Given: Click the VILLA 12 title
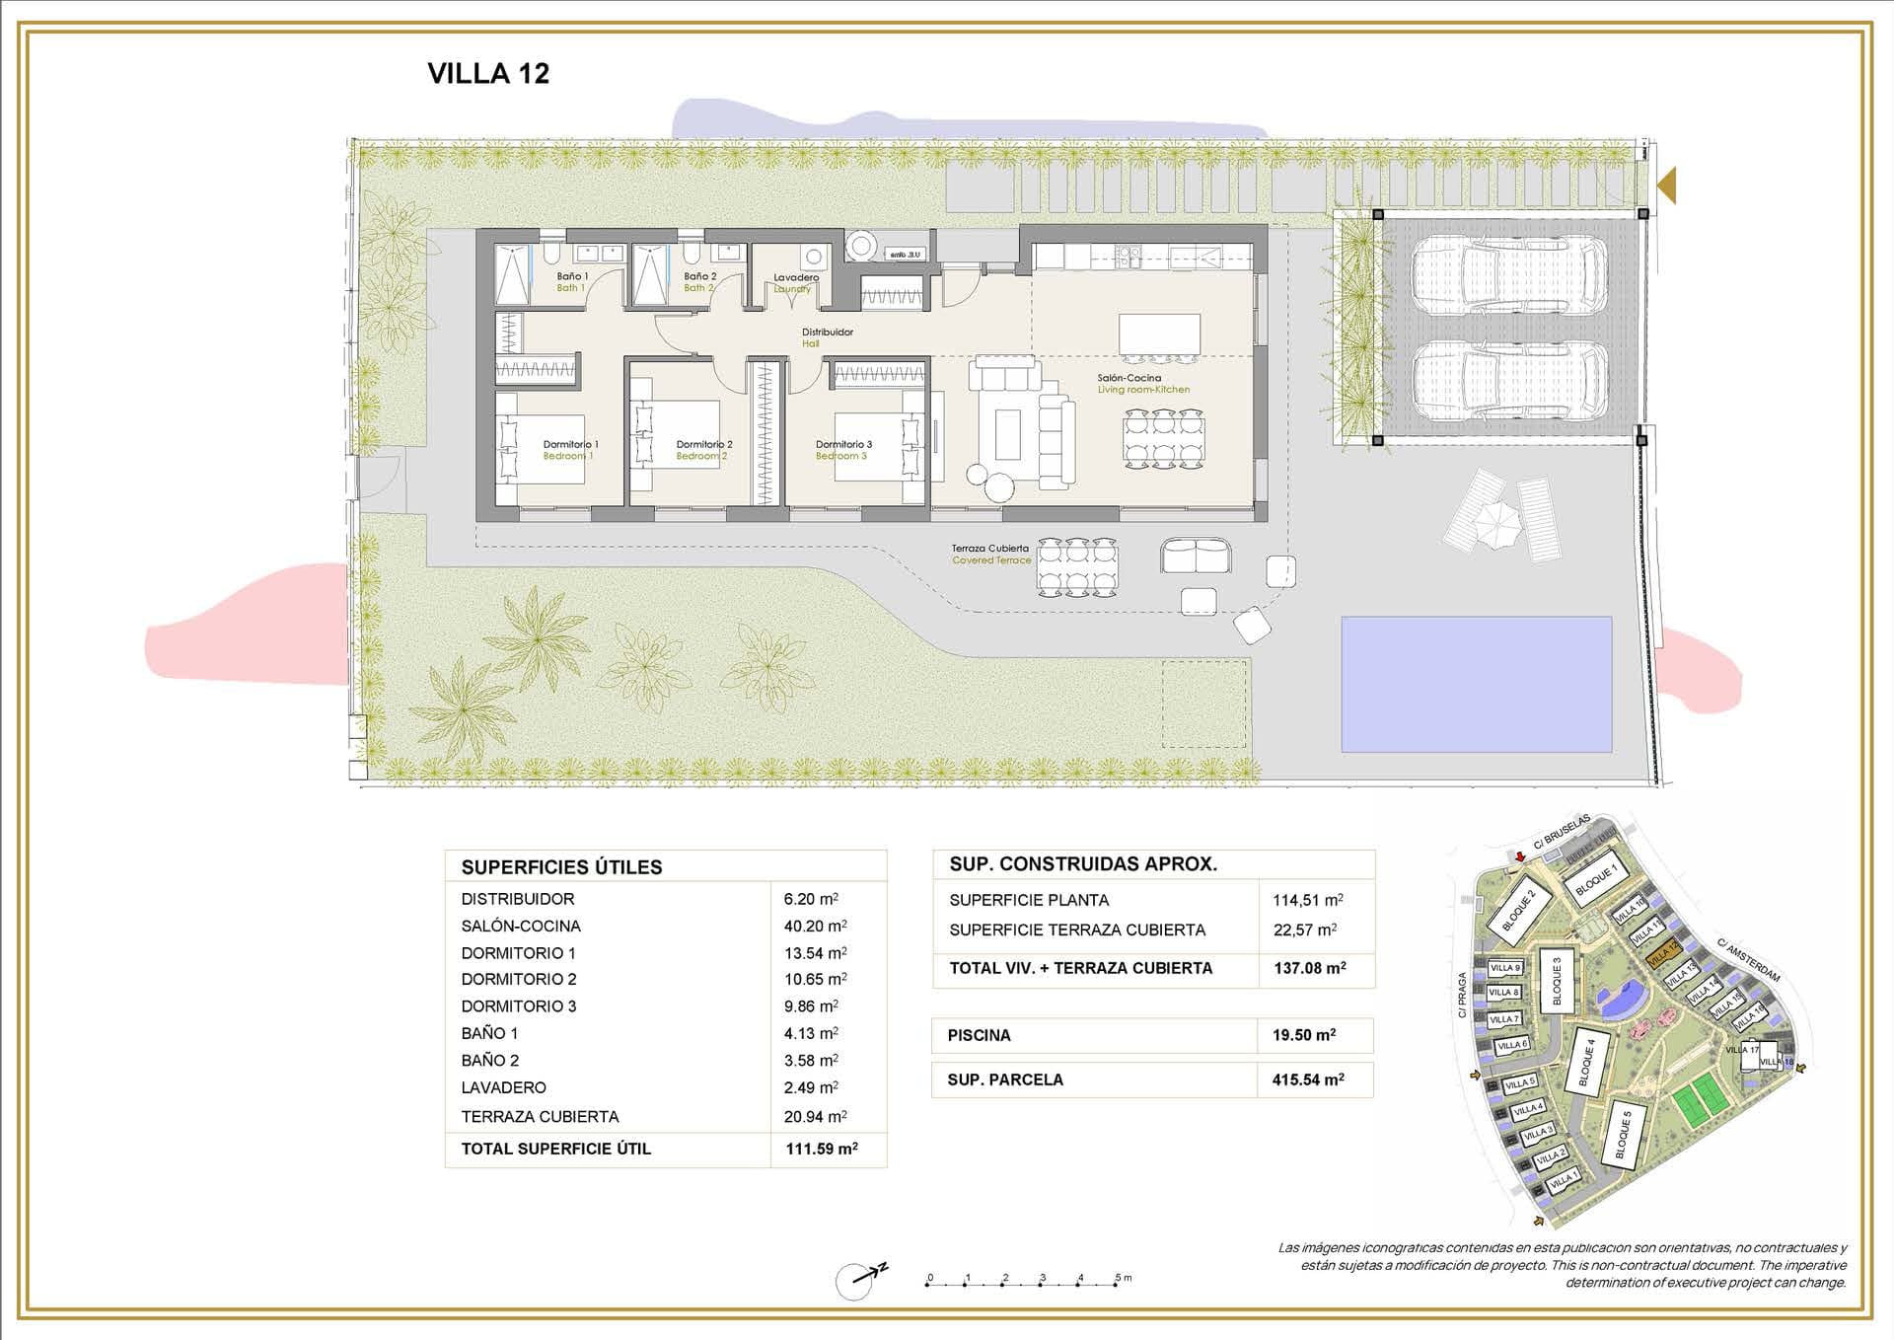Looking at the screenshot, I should [488, 73].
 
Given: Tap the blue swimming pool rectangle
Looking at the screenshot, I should [1476, 684].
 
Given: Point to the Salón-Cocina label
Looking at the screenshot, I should [1130, 378].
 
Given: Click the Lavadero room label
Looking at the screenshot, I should [795, 277].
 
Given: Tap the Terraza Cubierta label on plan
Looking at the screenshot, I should [989, 549].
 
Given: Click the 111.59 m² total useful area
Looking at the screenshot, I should [821, 1149].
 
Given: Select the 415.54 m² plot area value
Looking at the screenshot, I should [1307, 1079].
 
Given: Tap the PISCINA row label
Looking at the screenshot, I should [979, 1035].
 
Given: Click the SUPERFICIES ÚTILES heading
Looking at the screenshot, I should [561, 867].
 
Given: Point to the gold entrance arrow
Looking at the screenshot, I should [1666, 186].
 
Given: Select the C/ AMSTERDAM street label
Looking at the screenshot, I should [1748, 961].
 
